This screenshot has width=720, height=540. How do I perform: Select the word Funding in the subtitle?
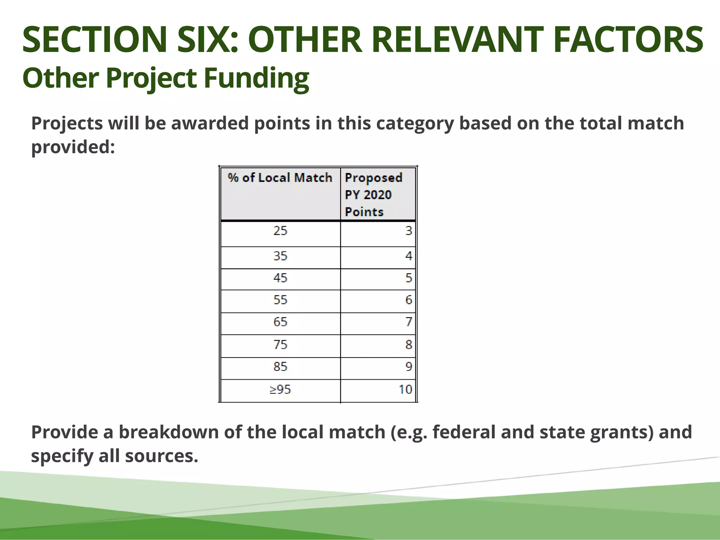[x=256, y=78]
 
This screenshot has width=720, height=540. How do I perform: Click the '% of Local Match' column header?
[x=280, y=178]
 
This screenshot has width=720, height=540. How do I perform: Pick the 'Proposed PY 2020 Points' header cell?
[x=373, y=194]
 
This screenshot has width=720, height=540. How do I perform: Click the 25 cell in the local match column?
[x=280, y=231]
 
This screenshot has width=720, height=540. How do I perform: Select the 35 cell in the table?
[x=280, y=256]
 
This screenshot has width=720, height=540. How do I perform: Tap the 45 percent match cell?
[x=280, y=278]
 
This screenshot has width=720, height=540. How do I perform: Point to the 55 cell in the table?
[x=280, y=300]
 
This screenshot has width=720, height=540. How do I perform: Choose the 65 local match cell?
[x=280, y=322]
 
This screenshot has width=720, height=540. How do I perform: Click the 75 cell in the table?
[x=280, y=345]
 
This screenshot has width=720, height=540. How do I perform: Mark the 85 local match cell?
[x=280, y=367]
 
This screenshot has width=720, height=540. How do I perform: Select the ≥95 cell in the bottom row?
[x=280, y=390]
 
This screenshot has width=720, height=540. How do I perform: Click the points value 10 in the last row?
[x=405, y=390]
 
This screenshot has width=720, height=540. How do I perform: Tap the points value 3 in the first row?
[x=409, y=231]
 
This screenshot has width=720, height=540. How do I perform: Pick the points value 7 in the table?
[x=409, y=322]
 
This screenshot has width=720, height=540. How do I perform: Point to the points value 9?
[x=409, y=367]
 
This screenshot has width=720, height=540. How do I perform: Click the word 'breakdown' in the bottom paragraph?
[x=168, y=432]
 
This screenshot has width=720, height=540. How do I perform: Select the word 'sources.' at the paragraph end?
[x=161, y=456]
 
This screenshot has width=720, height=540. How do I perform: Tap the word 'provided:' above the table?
[x=73, y=147]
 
